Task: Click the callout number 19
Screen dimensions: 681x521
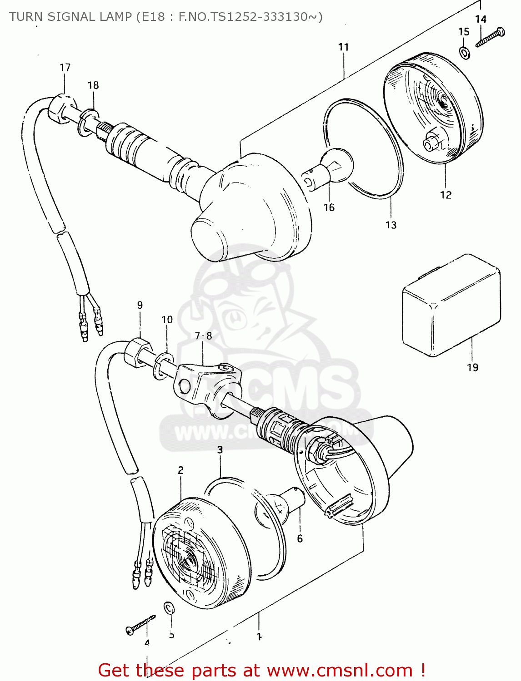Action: click(472, 367)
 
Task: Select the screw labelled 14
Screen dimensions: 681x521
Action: click(490, 38)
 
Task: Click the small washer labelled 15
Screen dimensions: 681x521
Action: click(465, 52)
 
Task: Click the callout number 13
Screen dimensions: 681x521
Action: click(391, 225)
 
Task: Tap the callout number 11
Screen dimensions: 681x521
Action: click(343, 47)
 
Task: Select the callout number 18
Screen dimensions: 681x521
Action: click(93, 85)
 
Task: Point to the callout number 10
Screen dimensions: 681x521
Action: click(167, 320)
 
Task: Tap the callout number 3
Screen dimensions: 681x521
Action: click(220, 449)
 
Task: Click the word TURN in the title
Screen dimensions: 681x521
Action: click(26, 17)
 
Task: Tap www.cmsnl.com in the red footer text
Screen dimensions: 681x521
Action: click(339, 670)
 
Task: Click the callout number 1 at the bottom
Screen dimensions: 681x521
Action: click(259, 637)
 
